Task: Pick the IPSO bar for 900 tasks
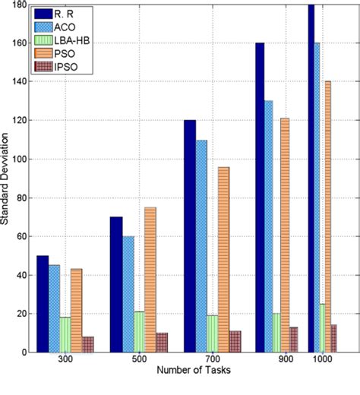coord(293,340)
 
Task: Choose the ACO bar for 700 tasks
coord(201,246)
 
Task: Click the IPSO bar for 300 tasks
coord(88,344)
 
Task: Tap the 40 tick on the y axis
coord(20,275)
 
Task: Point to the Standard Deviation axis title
coord(6,179)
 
